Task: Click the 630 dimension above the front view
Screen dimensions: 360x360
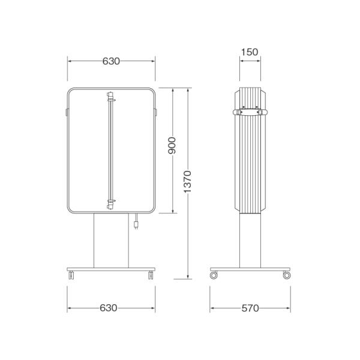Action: [x=111, y=61]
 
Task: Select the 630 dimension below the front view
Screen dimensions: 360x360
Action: [x=109, y=308]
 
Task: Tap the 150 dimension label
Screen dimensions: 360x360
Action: [x=250, y=52]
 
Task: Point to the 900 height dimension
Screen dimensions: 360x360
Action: [x=172, y=146]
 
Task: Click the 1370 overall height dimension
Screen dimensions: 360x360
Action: [x=187, y=182]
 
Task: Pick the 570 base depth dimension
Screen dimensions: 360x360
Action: [x=250, y=308]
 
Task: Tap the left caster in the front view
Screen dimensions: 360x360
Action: [x=71, y=275]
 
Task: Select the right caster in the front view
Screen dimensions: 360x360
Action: [x=151, y=275]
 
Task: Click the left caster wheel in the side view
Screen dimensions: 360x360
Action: [x=214, y=275]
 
